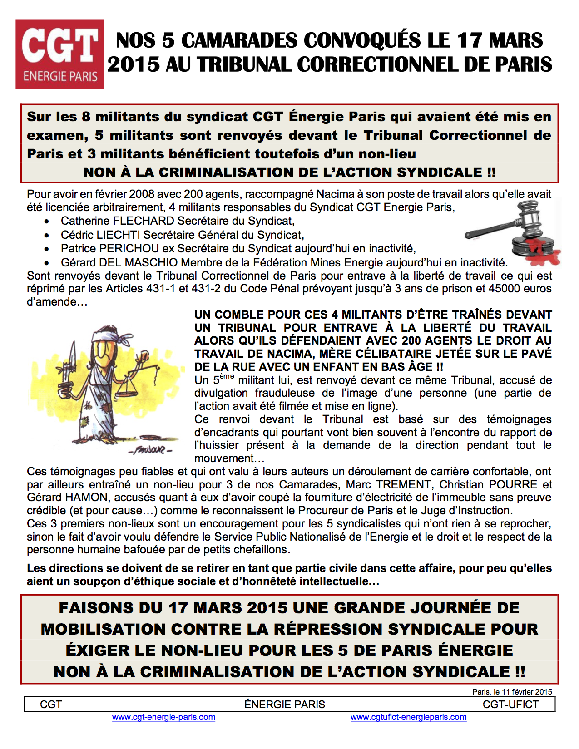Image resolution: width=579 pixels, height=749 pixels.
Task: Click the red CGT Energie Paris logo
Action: click(59, 54)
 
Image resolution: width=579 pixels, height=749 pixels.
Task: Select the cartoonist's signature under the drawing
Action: click(150, 451)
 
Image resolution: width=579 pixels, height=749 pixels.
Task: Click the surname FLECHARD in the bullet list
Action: click(144, 221)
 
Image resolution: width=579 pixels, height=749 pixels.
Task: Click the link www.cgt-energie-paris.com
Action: click(163, 717)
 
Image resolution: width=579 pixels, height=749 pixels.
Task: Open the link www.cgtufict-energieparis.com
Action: click(408, 717)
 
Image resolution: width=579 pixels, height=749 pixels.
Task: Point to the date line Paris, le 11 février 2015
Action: click(512, 692)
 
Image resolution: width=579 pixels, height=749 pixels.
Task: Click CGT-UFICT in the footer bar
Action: click(510, 705)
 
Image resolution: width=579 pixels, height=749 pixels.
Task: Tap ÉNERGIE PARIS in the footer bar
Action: click(285, 705)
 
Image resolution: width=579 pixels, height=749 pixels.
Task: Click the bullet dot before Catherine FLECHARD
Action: click(47, 222)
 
